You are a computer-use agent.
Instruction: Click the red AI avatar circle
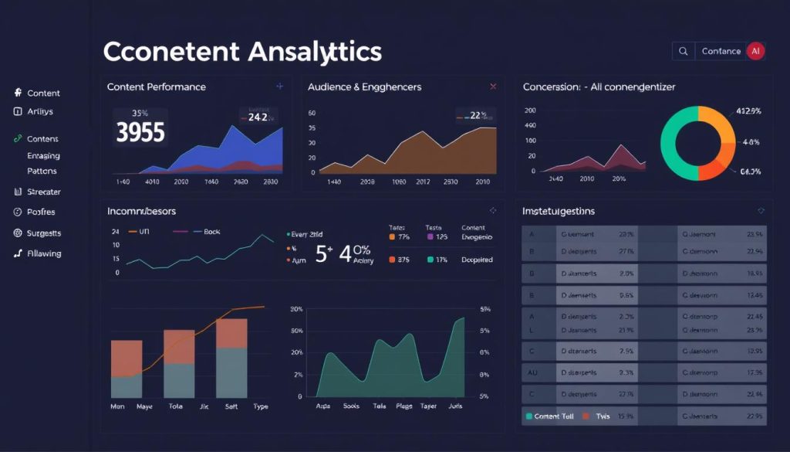tap(755, 51)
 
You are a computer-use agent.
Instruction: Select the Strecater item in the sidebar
tap(43, 192)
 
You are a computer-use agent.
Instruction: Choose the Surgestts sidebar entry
tap(43, 233)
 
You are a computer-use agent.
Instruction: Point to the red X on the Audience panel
tap(493, 87)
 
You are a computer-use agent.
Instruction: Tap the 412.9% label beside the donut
tap(748, 111)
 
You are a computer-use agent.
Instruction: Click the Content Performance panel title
tap(156, 87)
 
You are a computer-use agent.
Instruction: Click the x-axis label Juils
tap(456, 405)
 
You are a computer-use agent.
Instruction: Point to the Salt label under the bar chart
tap(230, 405)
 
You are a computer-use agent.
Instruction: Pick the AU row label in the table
tap(532, 372)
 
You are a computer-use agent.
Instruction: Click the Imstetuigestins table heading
tap(559, 210)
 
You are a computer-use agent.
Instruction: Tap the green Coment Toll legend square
tap(528, 416)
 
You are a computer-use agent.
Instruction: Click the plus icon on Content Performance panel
tap(279, 87)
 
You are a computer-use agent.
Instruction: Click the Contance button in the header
tap(721, 51)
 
